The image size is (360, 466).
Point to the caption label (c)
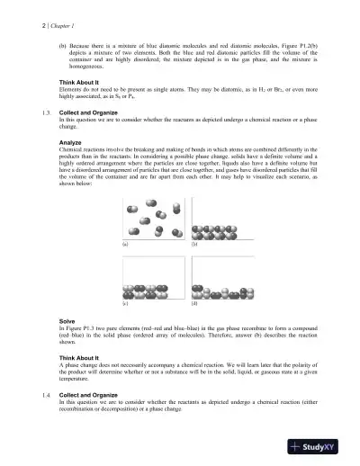(x=124, y=307)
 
